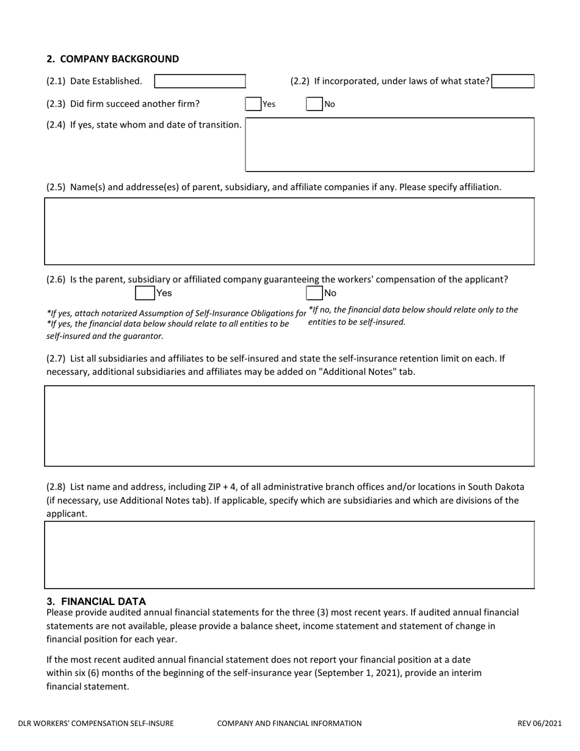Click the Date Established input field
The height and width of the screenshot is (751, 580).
200,81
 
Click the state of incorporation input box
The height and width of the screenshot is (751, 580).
513,81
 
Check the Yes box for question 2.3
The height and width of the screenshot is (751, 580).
253,104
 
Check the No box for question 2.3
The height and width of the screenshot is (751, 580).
314,104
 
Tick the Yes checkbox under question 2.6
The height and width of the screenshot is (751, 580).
145,293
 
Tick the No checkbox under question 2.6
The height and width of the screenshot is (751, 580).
314,293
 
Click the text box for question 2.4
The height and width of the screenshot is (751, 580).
390,145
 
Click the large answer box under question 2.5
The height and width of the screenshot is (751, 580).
289,231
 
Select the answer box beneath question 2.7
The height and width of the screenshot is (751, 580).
289,426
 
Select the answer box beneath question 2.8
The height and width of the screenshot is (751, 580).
289,554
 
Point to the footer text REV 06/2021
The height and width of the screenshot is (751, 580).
539,724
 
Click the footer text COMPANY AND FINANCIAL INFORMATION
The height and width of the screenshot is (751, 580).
289,724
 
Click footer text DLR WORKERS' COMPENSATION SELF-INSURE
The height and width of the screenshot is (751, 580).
96,724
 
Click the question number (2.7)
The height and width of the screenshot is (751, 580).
56,358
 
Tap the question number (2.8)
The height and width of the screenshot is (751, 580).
56,487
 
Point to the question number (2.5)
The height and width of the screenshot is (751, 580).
56,187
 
